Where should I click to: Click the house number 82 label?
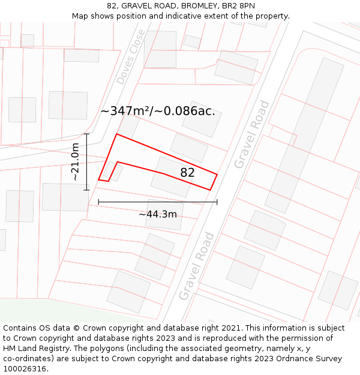tap(188, 173)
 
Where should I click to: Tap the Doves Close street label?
tap(131, 56)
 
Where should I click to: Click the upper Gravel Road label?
tap(251, 134)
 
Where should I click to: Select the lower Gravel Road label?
tap(196, 266)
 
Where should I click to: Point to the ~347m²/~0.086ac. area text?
tap(158, 111)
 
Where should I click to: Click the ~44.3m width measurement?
tap(158, 214)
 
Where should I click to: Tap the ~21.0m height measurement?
tap(76, 162)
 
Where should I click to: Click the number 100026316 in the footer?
tap(26, 368)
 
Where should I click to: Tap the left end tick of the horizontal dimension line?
tap(98, 202)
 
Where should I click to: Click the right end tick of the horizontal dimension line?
tap(217, 202)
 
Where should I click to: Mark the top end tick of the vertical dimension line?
tap(87, 134)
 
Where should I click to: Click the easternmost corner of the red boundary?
tap(217, 175)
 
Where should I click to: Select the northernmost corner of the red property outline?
tap(116, 134)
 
